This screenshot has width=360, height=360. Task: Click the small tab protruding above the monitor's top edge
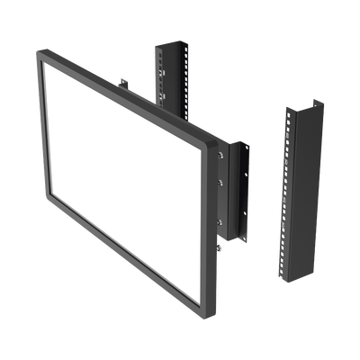[x=124, y=86]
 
